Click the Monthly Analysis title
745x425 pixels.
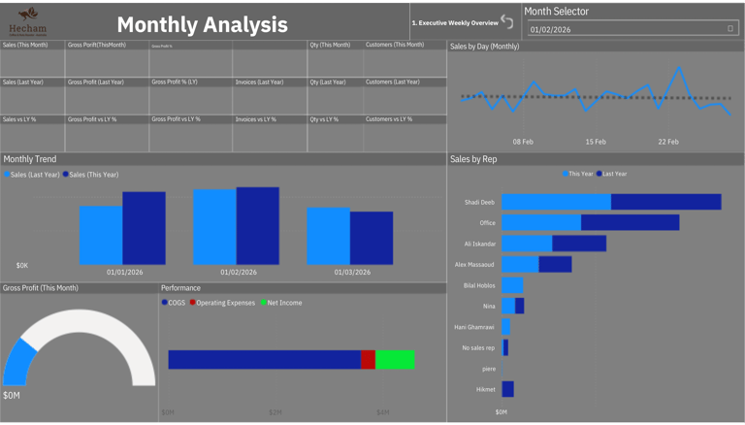click(202, 25)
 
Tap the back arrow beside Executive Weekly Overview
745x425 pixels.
click(507, 21)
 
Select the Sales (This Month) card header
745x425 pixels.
click(25, 45)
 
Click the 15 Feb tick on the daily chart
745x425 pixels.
click(596, 142)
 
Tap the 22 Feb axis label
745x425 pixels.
click(668, 142)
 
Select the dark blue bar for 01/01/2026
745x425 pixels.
click(144, 229)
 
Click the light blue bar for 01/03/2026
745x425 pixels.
click(328, 236)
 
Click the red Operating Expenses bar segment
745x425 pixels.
click(368, 360)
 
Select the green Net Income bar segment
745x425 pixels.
click(395, 360)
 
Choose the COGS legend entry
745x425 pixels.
click(175, 303)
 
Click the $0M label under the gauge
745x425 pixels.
click(11, 395)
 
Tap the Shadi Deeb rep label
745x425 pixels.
click(479, 202)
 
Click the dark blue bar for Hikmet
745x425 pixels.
click(507, 389)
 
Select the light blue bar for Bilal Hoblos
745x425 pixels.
click(512, 285)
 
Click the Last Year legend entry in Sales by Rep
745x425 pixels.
click(613, 174)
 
